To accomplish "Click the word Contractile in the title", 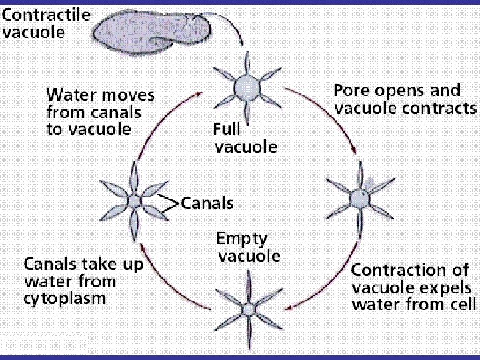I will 46,15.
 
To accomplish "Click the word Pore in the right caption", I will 349,91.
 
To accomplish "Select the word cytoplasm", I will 64,298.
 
